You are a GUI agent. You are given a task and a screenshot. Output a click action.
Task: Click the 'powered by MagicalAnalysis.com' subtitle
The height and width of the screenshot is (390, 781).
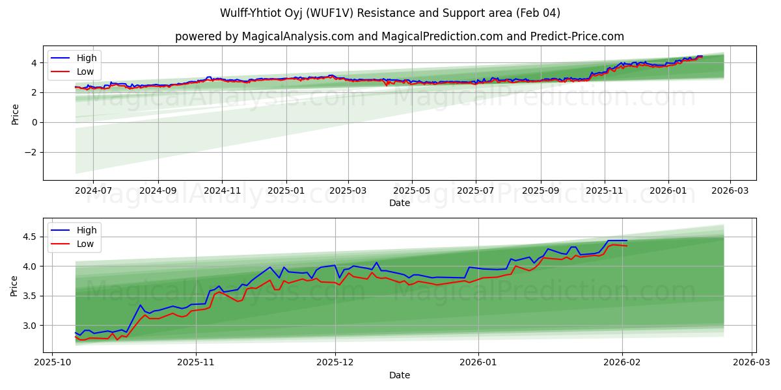(x=399, y=36)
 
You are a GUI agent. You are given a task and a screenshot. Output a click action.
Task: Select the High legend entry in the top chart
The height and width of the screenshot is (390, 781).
(x=86, y=58)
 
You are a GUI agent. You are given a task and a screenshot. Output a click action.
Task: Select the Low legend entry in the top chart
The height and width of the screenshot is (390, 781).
(x=85, y=71)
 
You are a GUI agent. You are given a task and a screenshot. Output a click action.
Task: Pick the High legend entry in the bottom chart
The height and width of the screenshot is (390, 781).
(x=86, y=230)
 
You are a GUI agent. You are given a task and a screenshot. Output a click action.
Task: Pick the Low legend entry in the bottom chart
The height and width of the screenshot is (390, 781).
(x=85, y=244)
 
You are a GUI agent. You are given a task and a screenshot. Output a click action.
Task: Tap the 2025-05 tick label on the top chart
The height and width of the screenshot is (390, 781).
(x=411, y=192)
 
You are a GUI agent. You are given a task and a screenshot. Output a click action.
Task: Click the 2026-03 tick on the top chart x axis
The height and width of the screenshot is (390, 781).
(x=730, y=192)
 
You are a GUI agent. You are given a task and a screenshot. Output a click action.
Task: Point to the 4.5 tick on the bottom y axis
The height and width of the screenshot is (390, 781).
(x=31, y=237)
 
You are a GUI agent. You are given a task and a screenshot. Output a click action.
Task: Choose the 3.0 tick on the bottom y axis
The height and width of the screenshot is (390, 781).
(x=31, y=325)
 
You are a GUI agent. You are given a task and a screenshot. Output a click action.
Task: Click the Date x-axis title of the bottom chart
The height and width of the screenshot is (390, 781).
(x=399, y=376)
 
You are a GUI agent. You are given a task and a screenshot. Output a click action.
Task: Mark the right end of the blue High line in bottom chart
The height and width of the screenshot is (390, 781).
(x=627, y=240)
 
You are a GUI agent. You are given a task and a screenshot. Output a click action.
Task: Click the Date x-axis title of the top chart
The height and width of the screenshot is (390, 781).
(x=399, y=203)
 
